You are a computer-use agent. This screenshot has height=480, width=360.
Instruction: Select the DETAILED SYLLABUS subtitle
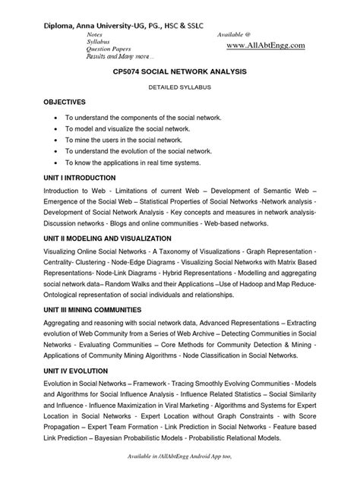coord(179,87)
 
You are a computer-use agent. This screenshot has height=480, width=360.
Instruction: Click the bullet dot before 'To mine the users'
coord(58,141)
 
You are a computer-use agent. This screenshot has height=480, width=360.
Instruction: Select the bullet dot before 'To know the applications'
coord(58,163)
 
